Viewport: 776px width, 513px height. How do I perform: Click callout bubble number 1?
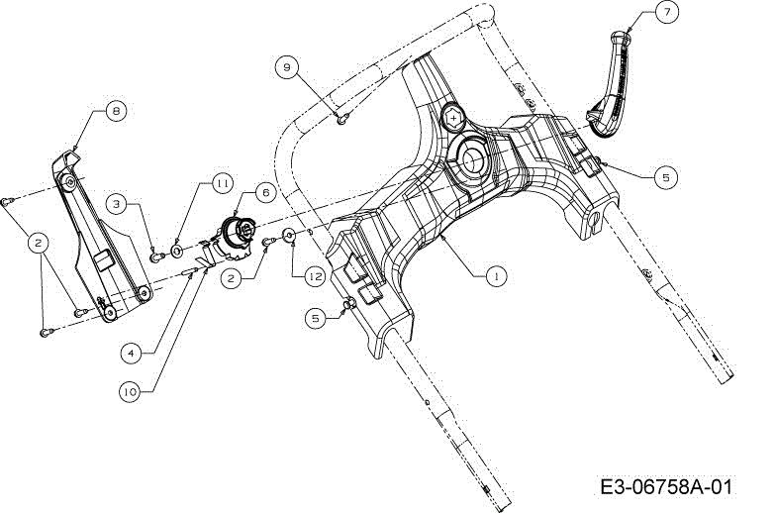pyautogui.click(x=496, y=275)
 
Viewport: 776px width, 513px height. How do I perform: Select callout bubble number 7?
pyautogui.click(x=667, y=12)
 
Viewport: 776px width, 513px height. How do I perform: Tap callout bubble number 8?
pyautogui.click(x=116, y=111)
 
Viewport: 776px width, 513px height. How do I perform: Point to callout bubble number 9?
pyautogui.click(x=287, y=67)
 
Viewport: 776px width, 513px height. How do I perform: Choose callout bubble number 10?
pyautogui.click(x=131, y=392)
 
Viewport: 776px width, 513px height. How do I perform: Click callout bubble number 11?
pyautogui.click(x=222, y=183)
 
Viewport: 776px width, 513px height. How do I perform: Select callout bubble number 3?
pyautogui.click(x=117, y=204)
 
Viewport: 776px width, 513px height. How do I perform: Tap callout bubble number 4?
pyautogui.click(x=131, y=353)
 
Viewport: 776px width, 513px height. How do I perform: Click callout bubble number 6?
pyautogui.click(x=265, y=192)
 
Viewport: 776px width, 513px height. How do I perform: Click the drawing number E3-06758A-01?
pyautogui.click(x=665, y=486)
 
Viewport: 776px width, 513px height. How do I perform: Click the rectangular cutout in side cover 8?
pyautogui.click(x=104, y=259)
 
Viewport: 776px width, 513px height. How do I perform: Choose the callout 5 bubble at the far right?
pyautogui.click(x=665, y=176)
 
